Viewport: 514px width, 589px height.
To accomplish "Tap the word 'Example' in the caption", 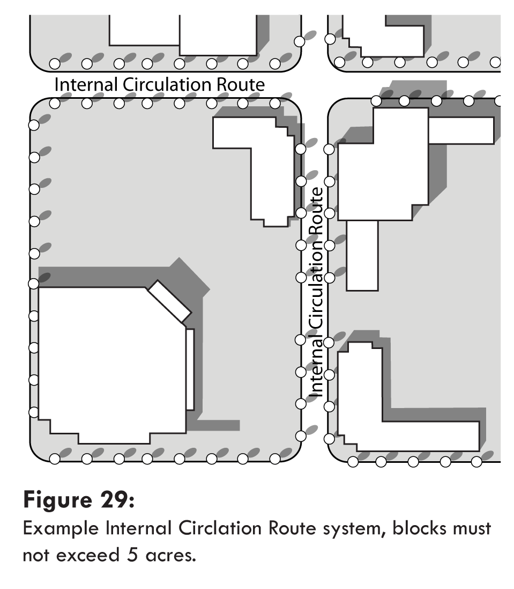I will (x=56, y=529).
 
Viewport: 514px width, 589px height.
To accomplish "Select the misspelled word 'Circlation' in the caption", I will (x=217, y=529).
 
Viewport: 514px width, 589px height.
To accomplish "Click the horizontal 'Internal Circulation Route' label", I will (x=160, y=85).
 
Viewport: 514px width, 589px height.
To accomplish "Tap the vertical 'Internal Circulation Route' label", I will (x=317, y=293).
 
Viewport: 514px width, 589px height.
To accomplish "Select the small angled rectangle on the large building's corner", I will (x=169, y=301).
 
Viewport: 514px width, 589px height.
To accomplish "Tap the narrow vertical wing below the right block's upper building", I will (x=362, y=255).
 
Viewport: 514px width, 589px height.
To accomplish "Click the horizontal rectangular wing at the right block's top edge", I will (x=461, y=130).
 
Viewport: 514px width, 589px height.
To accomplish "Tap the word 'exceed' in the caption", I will (x=83, y=555).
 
